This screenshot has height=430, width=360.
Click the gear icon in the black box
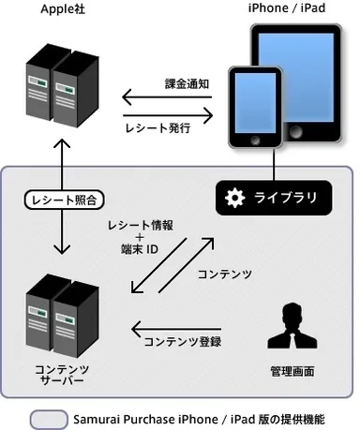[234, 197]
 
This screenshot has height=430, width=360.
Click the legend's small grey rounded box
[49, 417]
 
